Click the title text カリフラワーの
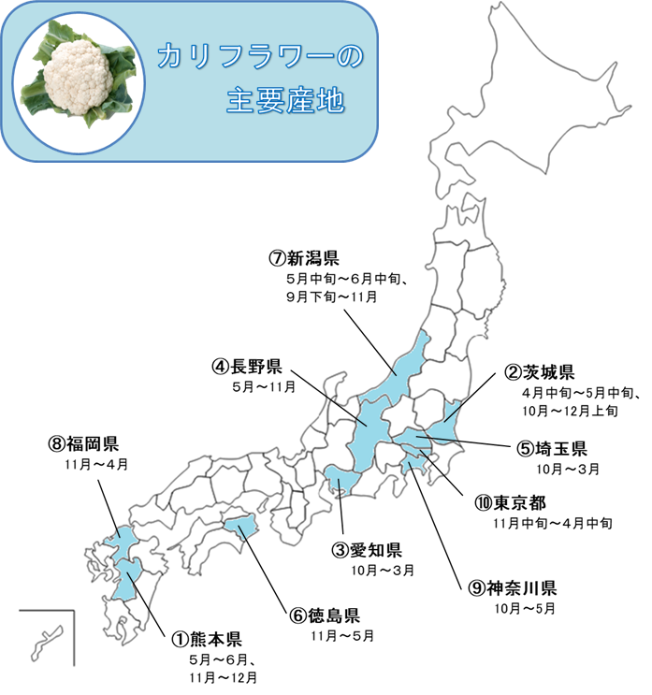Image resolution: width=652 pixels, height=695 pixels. (259, 59)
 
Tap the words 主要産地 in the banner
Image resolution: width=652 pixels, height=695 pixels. (285, 100)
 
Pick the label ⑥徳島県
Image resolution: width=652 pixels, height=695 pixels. (324, 615)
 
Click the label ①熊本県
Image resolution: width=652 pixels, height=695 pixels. (206, 640)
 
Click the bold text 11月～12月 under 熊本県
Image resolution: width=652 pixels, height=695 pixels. (223, 676)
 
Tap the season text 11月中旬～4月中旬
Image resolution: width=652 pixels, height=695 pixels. (553, 523)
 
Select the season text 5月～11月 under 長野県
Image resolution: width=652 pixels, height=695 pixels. (264, 385)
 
